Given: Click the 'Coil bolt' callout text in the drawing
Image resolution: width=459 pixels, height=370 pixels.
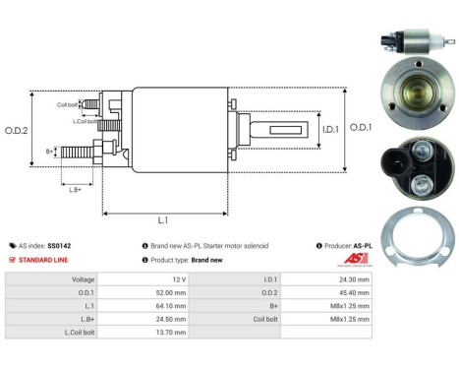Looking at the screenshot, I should (x=67, y=104).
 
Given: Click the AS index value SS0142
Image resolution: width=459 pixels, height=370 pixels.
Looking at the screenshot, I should (x=59, y=245).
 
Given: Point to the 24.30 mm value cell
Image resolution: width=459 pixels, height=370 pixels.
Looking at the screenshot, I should (x=352, y=278).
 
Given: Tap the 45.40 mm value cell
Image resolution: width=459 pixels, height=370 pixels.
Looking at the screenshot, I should (x=352, y=292).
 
